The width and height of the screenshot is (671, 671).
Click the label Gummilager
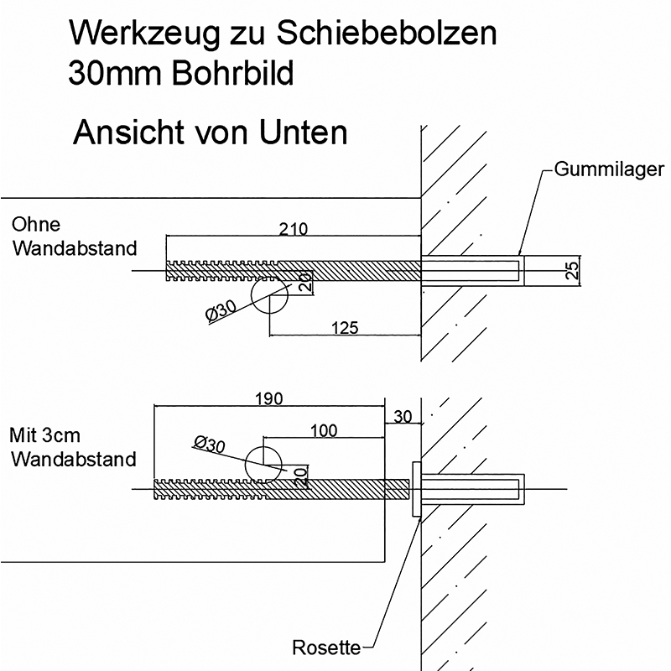click(610, 169)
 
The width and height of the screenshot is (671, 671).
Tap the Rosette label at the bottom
click(326, 648)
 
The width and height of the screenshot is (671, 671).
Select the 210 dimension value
click(294, 228)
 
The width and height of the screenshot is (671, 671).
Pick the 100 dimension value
click(323, 430)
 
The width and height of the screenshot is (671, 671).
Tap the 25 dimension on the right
click(573, 270)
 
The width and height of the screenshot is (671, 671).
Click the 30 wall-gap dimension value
click(403, 416)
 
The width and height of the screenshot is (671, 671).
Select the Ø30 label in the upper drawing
click(221, 312)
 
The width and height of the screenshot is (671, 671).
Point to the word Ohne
click(36, 225)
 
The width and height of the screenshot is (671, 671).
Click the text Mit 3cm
click(44, 436)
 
